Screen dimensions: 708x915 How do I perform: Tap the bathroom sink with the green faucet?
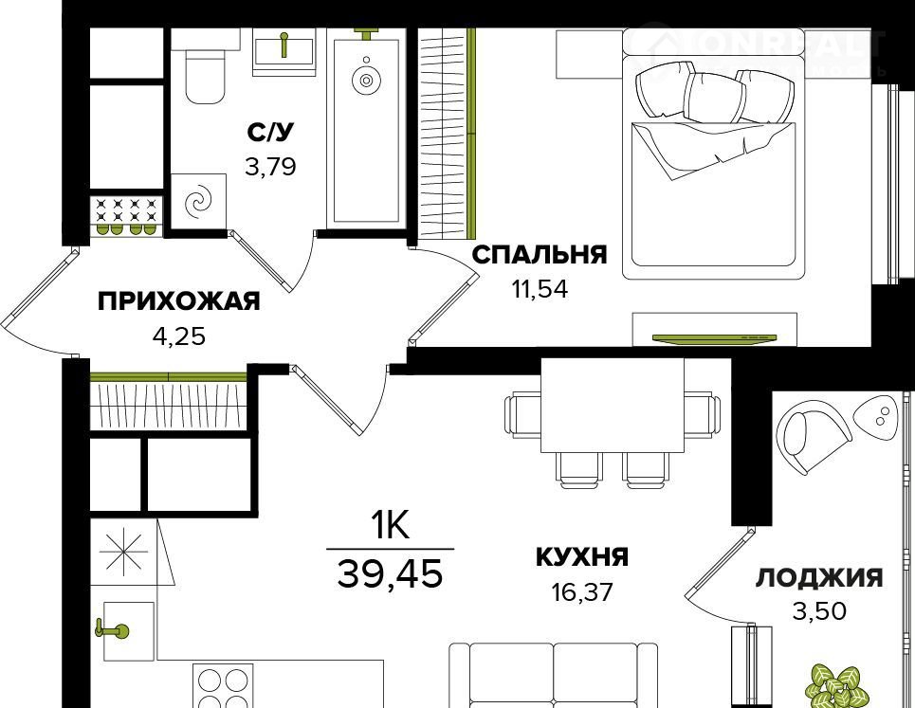tap(284, 51)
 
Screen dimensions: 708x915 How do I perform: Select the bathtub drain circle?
tap(365, 81)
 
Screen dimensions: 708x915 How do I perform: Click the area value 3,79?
tap(270, 168)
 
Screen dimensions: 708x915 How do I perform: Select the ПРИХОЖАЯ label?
tap(178, 302)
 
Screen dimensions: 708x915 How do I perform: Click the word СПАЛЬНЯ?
tap(539, 255)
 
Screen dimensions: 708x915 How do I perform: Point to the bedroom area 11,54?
tap(538, 289)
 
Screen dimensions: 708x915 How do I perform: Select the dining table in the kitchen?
tap(613, 406)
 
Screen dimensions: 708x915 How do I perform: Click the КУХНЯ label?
tap(581, 556)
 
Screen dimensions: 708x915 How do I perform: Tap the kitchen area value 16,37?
tap(581, 593)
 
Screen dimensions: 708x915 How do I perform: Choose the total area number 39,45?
tap(390, 572)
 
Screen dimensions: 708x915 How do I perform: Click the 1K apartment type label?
tap(389, 525)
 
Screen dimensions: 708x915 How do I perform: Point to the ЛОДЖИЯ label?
tap(818, 577)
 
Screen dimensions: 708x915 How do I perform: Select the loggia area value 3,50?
tap(818, 610)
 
